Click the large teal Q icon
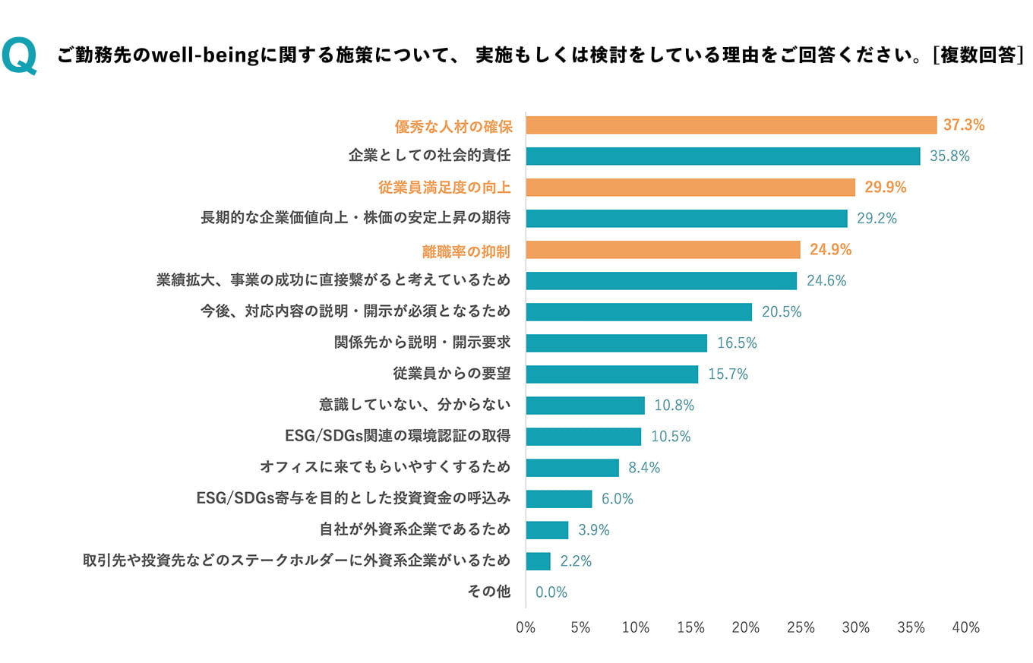coord(19,56)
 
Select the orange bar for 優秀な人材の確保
coord(731,125)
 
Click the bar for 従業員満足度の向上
coord(690,188)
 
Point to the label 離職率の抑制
coord(466,250)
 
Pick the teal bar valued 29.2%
coord(686,219)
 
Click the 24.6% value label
coord(826,281)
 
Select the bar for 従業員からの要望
coord(611,374)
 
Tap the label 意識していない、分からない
coord(415,406)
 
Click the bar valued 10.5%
coord(583,437)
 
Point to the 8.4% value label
coord(644,468)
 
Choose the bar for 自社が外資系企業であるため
coord(547,530)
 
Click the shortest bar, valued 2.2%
coord(538,561)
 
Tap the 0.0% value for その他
coord(551,592)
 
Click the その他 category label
coord(489,592)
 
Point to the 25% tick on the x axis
coord(801,628)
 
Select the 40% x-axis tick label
coord(965,628)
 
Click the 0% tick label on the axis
coord(526,628)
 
